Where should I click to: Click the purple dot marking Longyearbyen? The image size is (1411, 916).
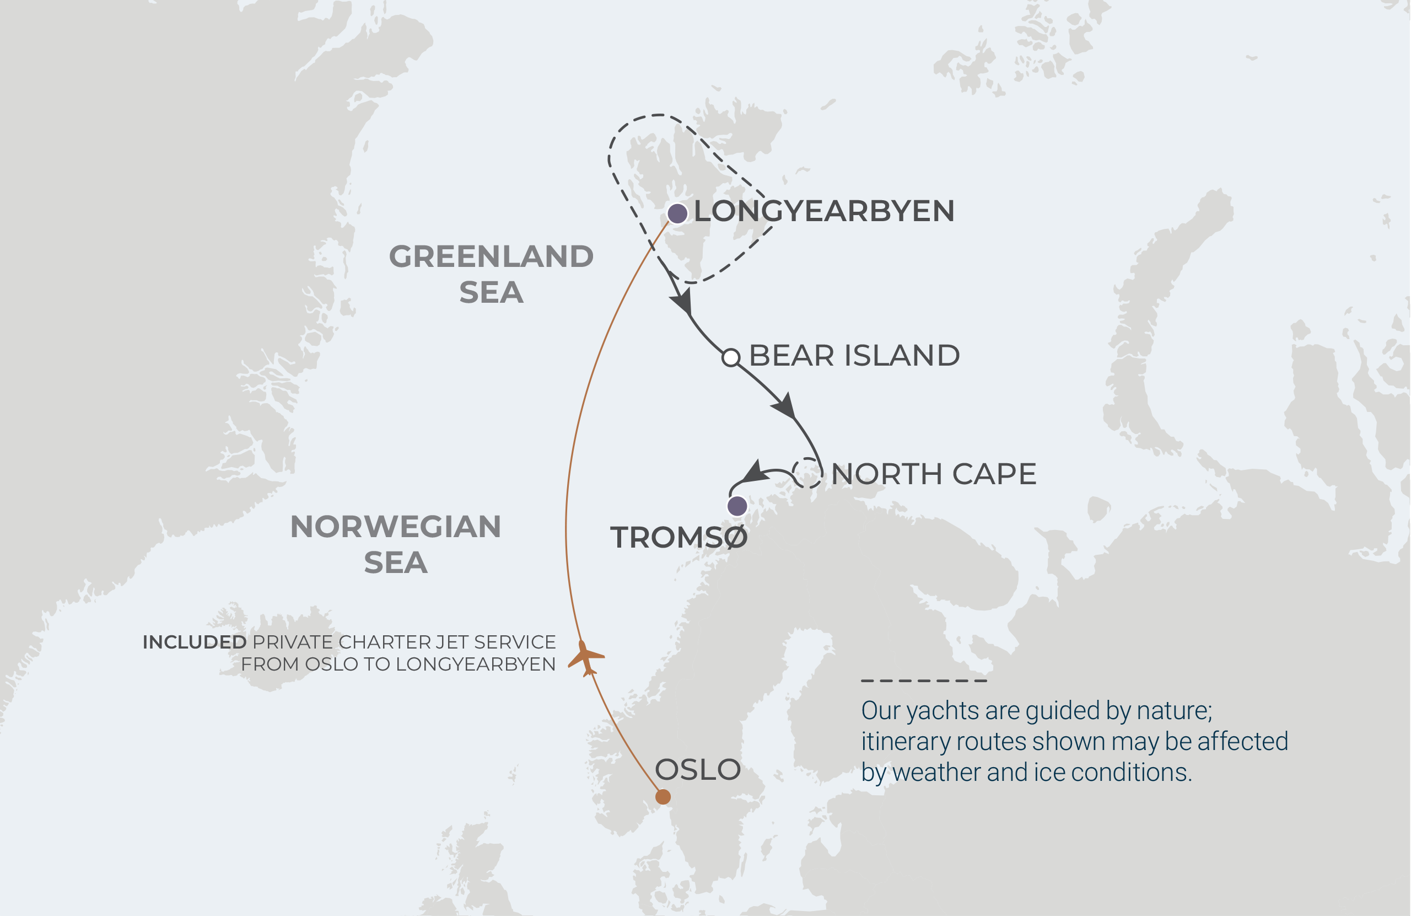point(677,213)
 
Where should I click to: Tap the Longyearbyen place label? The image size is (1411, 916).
point(824,211)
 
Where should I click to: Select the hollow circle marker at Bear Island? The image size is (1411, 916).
point(730,358)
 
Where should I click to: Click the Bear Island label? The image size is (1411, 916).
point(854,355)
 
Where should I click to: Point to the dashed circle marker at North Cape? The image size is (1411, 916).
point(807,473)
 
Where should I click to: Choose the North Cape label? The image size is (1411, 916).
point(933,474)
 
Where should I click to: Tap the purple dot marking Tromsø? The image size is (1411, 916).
point(737,506)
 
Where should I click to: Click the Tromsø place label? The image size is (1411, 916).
point(679,538)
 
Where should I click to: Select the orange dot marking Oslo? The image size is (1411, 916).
point(663,797)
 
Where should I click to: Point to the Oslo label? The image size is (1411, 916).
point(697,769)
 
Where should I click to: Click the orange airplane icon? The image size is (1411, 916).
point(586,657)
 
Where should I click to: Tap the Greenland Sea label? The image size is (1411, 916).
point(491,274)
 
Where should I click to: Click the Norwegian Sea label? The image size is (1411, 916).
point(395,544)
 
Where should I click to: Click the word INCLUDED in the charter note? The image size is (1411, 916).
point(195,642)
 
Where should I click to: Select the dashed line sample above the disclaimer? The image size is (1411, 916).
point(924,681)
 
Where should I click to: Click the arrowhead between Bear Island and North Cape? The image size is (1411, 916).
point(784,406)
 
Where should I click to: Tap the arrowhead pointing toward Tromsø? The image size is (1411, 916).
point(754,472)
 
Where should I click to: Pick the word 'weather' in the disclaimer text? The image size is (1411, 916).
point(930,773)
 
